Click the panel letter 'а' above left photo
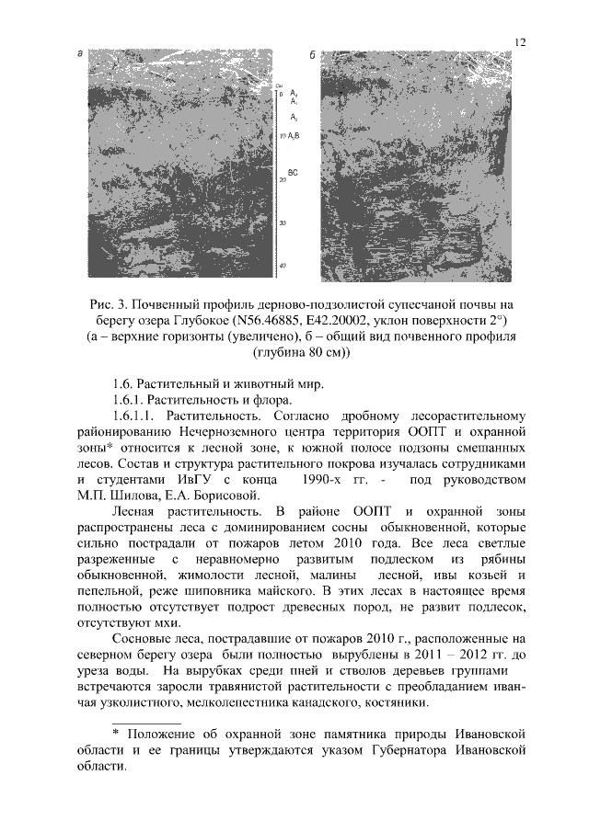[x=80, y=57]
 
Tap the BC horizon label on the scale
[x=293, y=172]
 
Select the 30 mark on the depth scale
[x=283, y=223]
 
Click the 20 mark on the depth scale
[x=283, y=180]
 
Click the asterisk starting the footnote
[x=116, y=735]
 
